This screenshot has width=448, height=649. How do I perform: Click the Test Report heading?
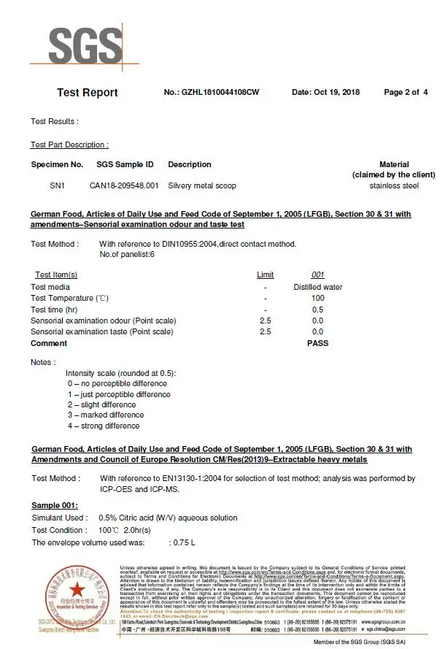(87, 93)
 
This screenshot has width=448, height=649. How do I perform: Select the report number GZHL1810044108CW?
(212, 93)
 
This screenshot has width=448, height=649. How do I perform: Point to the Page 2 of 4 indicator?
(406, 93)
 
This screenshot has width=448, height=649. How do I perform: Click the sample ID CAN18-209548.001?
(124, 186)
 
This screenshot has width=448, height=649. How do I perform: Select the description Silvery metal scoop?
(201, 186)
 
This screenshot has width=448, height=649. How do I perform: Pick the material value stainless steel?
(394, 186)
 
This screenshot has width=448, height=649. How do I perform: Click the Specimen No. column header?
(57, 165)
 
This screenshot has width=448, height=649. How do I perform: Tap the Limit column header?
(266, 275)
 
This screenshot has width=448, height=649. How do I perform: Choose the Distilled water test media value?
(318, 287)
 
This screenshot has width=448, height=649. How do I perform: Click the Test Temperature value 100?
(318, 299)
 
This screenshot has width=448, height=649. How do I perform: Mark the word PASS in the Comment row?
(318, 343)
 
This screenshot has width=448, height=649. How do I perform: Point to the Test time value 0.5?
(318, 310)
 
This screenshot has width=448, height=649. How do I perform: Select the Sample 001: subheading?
(55, 506)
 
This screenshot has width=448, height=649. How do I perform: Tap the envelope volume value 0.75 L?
(184, 542)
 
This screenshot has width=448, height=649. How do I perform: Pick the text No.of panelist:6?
(126, 255)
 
